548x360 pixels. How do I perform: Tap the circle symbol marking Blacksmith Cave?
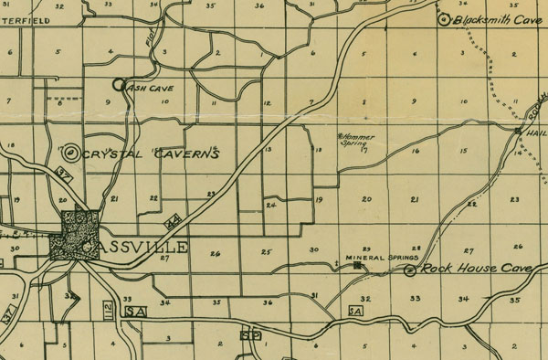click(445, 19)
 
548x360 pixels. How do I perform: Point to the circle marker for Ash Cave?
click(118, 85)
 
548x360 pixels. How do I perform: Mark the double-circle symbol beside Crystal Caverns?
click(70, 154)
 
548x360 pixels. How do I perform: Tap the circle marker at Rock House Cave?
click(410, 270)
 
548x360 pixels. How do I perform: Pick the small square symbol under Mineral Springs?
click(355, 266)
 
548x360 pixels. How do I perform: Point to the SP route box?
click(245, 334)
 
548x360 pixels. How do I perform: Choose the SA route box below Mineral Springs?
click(355, 311)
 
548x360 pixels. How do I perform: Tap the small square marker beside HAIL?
click(517, 132)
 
